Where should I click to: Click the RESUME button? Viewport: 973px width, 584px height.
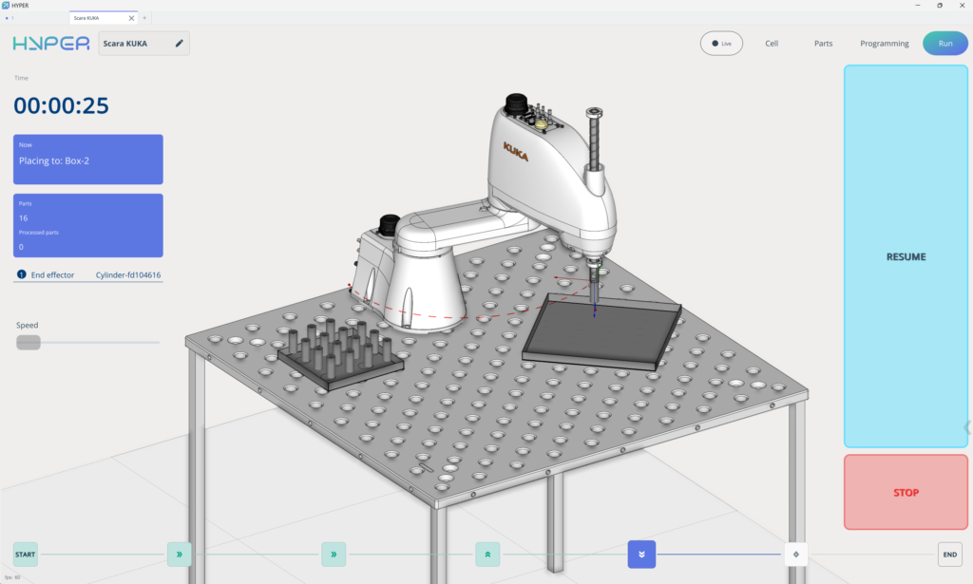click(x=906, y=256)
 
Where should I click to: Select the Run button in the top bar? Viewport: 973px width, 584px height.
click(x=944, y=44)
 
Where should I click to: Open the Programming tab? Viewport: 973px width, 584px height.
click(x=884, y=44)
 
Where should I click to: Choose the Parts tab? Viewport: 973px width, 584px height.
click(x=823, y=44)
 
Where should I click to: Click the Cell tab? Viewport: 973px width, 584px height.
click(x=772, y=44)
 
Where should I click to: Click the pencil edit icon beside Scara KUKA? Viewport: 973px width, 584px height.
click(x=179, y=43)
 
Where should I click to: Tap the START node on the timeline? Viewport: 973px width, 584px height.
click(x=26, y=555)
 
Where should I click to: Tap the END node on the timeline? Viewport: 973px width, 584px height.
click(x=949, y=555)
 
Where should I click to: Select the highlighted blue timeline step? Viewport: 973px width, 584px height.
click(x=641, y=555)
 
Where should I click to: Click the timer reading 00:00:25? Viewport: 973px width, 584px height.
click(x=61, y=105)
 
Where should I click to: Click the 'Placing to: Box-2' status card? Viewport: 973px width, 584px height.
click(x=87, y=160)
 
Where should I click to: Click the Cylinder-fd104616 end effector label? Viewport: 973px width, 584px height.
click(x=128, y=275)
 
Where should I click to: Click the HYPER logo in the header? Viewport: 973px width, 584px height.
click(x=50, y=44)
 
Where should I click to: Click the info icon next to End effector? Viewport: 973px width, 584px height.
click(x=21, y=275)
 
